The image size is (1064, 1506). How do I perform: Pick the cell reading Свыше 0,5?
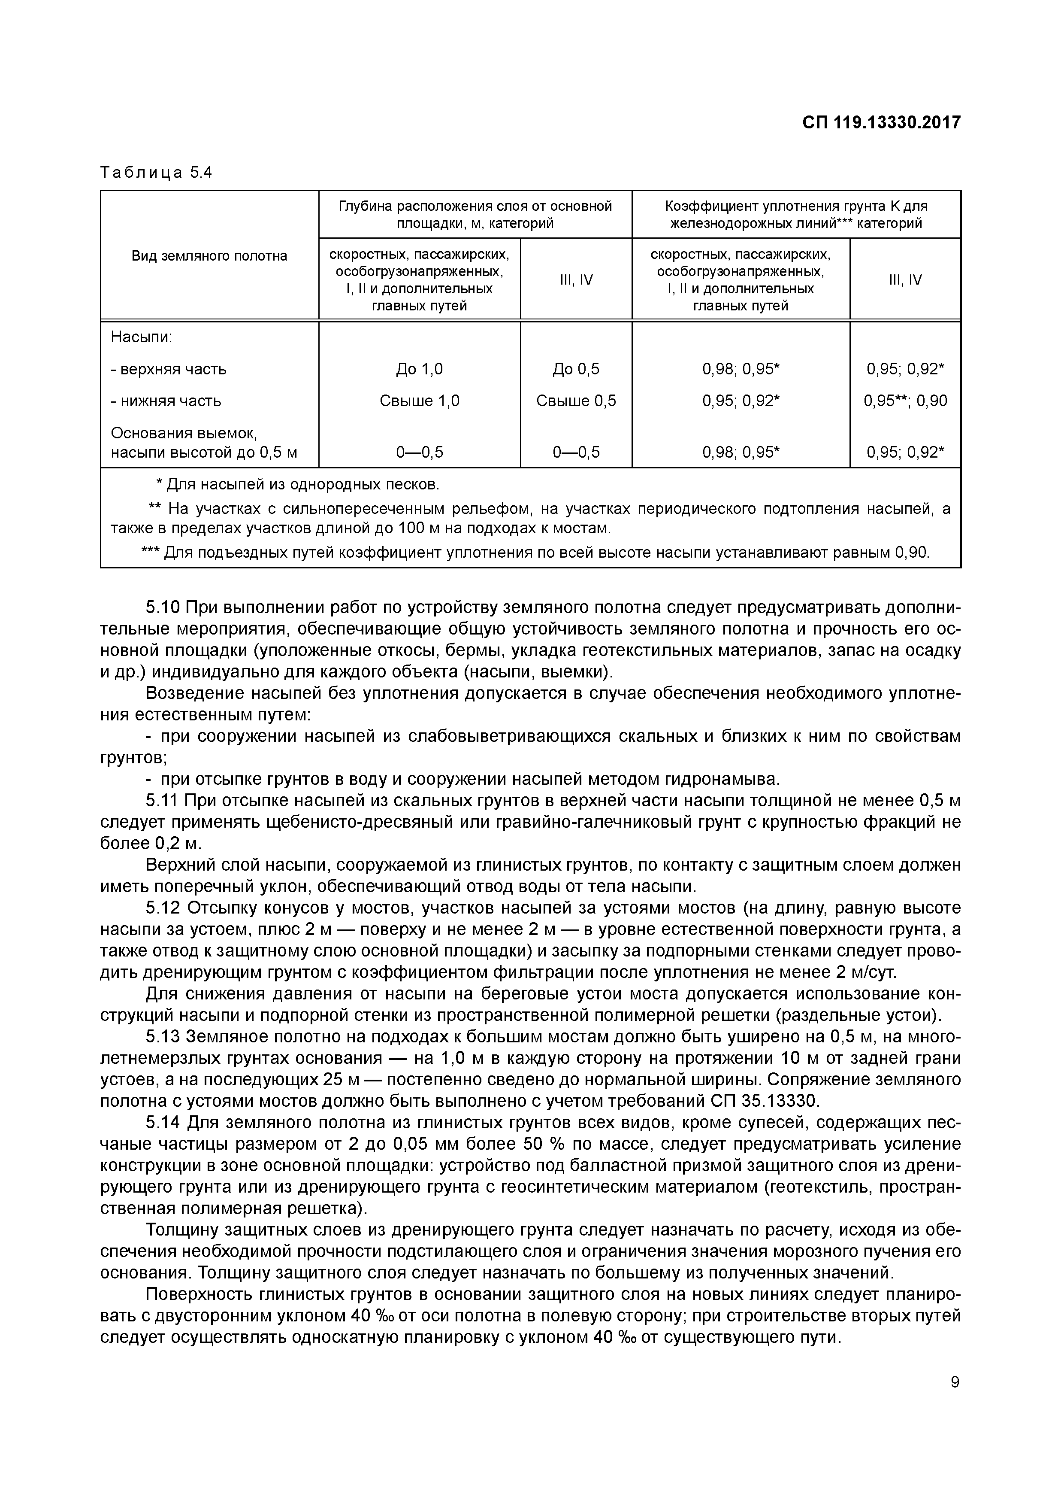coord(576,401)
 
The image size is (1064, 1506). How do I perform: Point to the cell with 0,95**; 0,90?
coord(905,401)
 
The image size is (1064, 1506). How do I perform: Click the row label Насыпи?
coord(142,337)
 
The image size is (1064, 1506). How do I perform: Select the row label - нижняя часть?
coord(166,401)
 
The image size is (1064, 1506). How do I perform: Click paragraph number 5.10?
coord(164,607)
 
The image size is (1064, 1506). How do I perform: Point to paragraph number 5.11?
coord(164,801)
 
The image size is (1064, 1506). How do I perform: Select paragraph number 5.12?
coord(164,908)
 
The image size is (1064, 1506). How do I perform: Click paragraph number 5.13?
coord(164,1037)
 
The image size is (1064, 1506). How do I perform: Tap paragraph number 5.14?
coord(164,1123)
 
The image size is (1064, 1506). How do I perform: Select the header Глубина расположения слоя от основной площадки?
coord(475,215)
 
